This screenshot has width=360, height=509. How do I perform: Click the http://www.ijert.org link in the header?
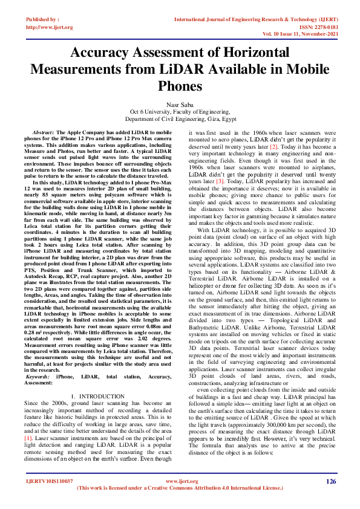click(x=50, y=27)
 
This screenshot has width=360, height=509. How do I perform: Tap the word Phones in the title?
click(x=180, y=86)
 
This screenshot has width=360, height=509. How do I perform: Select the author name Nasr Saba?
click(x=180, y=105)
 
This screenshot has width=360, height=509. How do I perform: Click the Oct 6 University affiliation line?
click(x=180, y=112)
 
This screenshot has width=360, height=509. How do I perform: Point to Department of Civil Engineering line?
click(x=180, y=120)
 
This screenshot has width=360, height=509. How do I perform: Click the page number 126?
click(x=330, y=482)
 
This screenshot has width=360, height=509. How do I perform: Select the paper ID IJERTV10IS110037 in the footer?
click(x=50, y=482)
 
